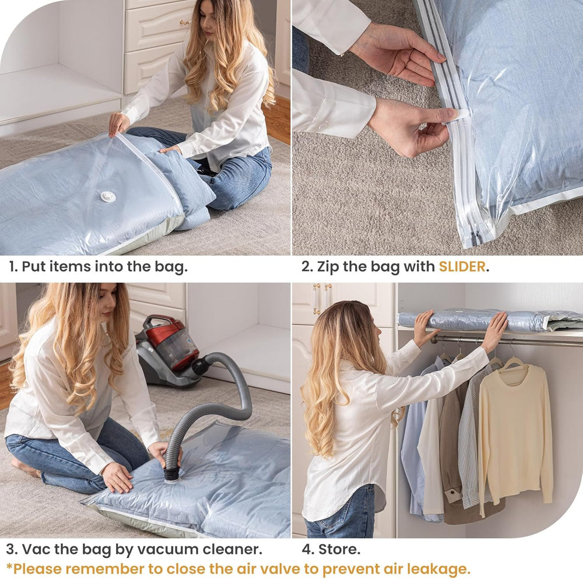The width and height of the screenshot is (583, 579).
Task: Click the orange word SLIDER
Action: point(462,266)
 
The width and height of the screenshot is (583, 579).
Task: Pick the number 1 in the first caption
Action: point(12,266)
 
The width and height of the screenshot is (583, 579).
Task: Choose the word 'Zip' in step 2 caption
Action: point(328,267)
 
